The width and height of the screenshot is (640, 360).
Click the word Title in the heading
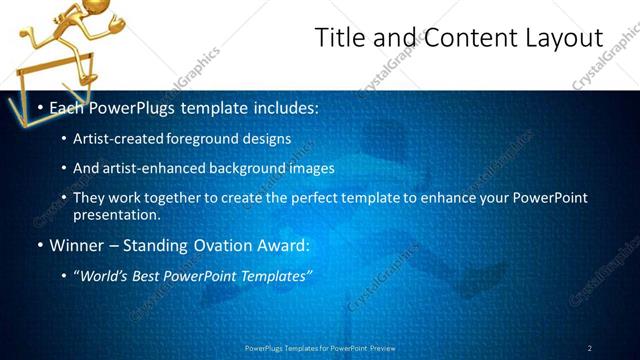coord(339,38)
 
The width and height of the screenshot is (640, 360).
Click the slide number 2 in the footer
coord(590,348)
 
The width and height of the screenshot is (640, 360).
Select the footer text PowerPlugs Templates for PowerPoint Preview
coord(319,348)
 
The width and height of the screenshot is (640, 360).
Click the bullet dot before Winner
coord(39,245)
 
